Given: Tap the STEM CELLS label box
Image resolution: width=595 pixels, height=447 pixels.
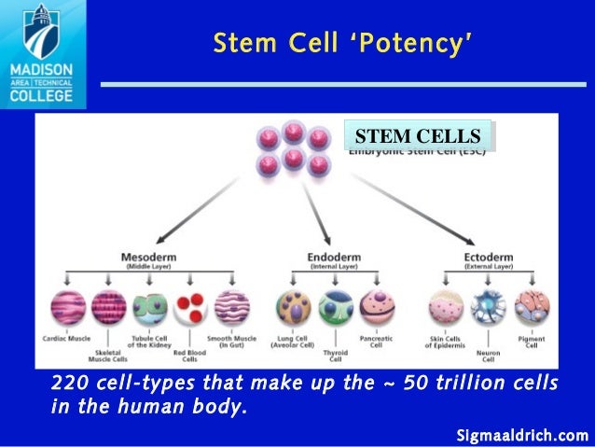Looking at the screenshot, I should [x=418, y=136].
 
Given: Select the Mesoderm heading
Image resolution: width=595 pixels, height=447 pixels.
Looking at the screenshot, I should [x=148, y=256].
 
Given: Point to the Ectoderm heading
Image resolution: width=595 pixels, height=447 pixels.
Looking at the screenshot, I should [x=490, y=256].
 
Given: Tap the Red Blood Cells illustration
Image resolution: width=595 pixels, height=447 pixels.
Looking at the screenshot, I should [x=189, y=308].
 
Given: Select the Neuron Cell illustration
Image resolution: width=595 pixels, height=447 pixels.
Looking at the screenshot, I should [x=486, y=308].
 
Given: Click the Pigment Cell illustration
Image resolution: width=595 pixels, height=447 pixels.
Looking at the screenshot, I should [x=532, y=308].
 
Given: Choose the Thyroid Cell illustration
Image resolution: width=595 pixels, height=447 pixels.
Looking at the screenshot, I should [x=335, y=308].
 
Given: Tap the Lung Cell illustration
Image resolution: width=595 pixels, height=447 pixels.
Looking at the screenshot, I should [x=293, y=308].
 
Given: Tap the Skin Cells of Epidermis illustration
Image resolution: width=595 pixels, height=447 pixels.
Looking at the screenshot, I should [x=445, y=308].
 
